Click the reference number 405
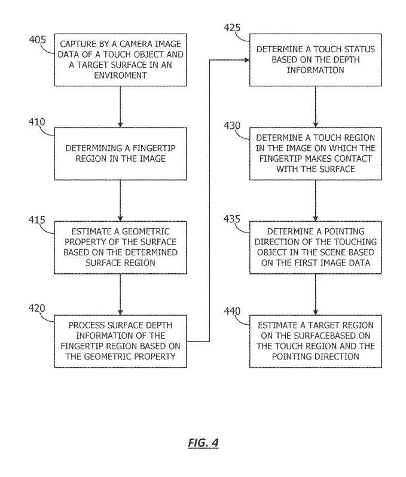click(38, 40)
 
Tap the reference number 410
click(36, 122)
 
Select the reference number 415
click(36, 220)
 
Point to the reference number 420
click(36, 308)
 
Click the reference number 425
click(232, 28)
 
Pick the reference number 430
click(232, 125)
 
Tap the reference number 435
click(232, 219)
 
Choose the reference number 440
click(232, 311)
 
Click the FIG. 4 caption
click(203, 443)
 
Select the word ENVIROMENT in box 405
click(120, 75)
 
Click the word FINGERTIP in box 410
click(154, 148)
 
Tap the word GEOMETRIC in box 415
click(146, 231)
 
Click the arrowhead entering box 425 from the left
click(247, 60)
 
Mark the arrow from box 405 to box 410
click(120, 107)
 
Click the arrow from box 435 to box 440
click(316, 294)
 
